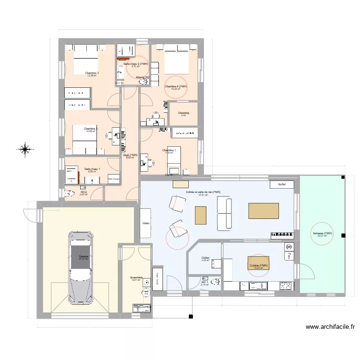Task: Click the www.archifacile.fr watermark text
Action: click(x=330, y=327)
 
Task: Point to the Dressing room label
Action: click(x=183, y=113)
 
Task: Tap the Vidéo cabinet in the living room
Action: click(x=145, y=223)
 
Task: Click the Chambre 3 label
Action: click(x=92, y=73)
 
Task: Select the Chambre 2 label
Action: click(x=90, y=129)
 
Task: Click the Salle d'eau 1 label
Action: click(x=92, y=169)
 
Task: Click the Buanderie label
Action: click(x=136, y=278)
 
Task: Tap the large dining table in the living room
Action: click(x=264, y=211)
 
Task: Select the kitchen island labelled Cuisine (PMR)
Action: click(x=259, y=265)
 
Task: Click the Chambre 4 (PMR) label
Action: click(x=176, y=87)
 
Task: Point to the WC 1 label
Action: click(x=204, y=282)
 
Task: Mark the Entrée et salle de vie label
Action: click(x=204, y=192)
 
